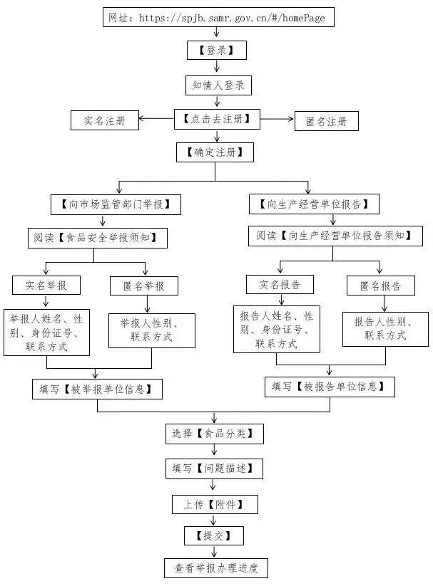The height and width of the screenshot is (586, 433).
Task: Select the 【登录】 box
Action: click(x=217, y=51)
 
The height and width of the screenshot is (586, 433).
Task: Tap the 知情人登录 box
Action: click(x=217, y=85)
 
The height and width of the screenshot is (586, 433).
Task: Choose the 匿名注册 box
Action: click(x=327, y=121)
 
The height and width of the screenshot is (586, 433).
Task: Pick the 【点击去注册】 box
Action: click(x=217, y=119)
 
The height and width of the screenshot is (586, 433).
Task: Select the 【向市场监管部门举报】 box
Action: click(x=116, y=204)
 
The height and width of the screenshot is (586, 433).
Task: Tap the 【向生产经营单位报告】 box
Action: click(x=314, y=204)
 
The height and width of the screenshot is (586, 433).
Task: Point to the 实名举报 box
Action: click(x=46, y=285)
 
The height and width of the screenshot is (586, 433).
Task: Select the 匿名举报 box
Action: click(x=143, y=286)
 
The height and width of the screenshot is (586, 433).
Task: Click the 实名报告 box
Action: click(x=279, y=285)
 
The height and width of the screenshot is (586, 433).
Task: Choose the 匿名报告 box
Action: click(x=380, y=286)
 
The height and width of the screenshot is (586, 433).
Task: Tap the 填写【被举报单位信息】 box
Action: click(x=97, y=389)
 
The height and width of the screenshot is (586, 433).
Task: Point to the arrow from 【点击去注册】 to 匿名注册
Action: click(x=277, y=119)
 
